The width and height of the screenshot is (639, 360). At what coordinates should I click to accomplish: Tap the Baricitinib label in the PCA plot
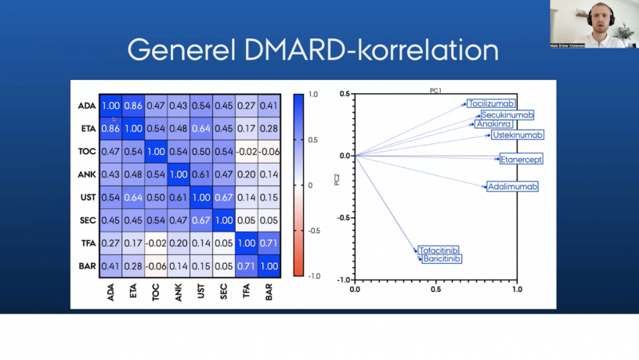click(x=442, y=258)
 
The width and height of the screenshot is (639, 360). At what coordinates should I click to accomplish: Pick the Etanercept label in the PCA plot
click(x=521, y=160)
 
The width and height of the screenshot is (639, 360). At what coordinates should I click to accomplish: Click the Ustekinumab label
click(x=518, y=135)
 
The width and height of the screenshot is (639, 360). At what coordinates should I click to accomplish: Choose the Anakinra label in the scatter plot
click(x=494, y=124)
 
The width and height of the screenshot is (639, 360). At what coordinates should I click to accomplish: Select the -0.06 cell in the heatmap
click(x=269, y=152)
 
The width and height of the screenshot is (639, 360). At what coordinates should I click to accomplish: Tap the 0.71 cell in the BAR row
click(x=247, y=266)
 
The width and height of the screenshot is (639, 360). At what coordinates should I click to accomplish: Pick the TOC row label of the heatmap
click(x=87, y=152)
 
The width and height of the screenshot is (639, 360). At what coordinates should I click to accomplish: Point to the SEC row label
click(x=87, y=220)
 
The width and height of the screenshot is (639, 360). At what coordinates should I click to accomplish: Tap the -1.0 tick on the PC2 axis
click(x=343, y=279)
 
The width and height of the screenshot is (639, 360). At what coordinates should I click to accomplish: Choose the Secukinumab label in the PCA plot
click(x=507, y=115)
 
